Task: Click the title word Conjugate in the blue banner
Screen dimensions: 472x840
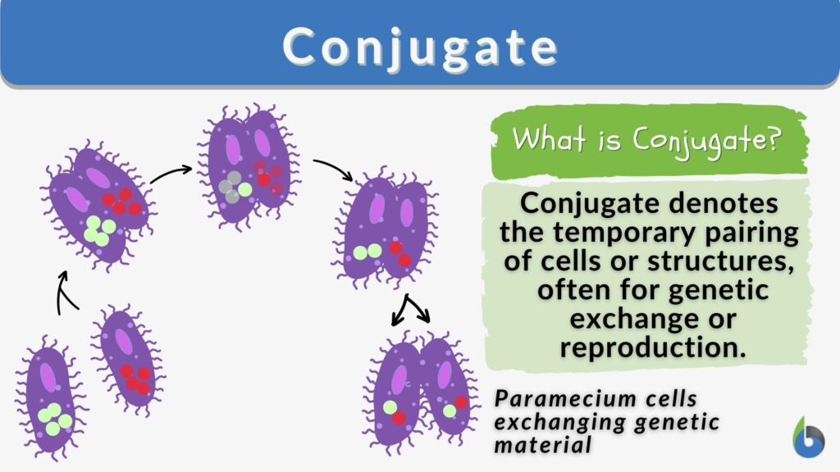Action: [420, 48]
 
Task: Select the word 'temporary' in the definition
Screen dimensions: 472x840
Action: [637, 234]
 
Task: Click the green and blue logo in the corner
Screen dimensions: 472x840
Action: [810, 437]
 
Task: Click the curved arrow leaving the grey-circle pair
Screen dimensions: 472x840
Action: [332, 169]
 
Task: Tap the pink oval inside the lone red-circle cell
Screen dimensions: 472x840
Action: [123, 340]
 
